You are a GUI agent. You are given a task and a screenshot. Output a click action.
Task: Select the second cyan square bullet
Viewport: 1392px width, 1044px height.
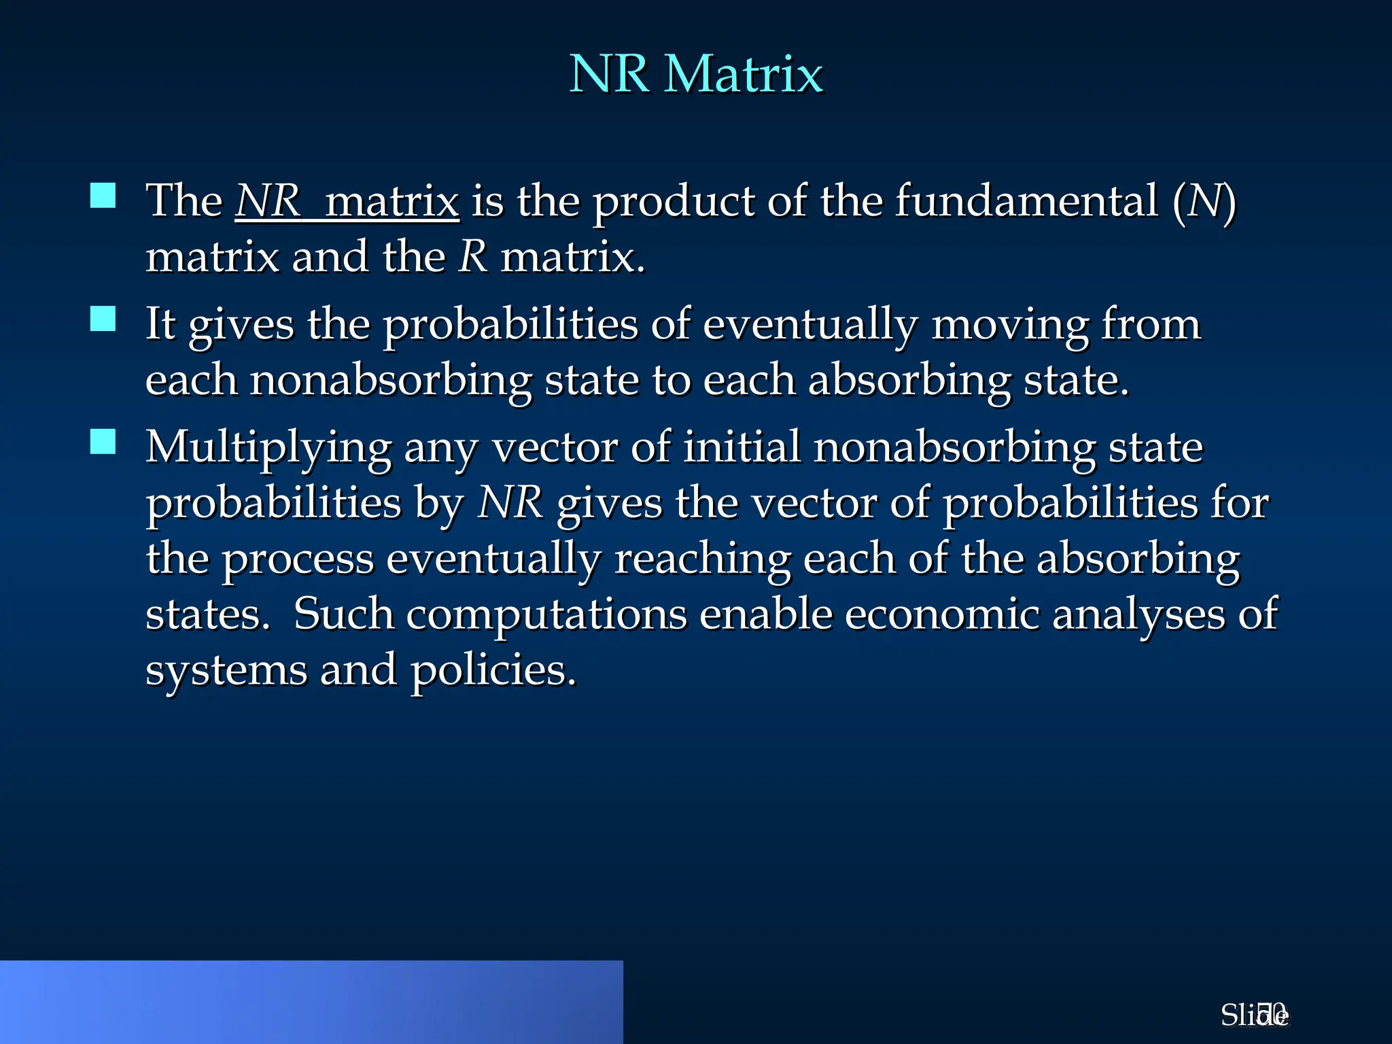[x=103, y=318]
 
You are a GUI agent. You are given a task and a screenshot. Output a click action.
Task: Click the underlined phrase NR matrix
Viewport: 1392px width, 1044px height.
[x=347, y=202]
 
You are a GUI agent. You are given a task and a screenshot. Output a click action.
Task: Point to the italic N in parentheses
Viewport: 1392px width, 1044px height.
[x=1204, y=202]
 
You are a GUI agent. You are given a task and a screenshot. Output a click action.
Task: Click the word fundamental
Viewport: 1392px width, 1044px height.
[x=1026, y=202]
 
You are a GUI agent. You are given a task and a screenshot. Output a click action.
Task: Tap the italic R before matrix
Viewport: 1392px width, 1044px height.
[x=473, y=258]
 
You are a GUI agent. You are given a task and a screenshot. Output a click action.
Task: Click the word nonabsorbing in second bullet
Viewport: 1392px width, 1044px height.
[x=390, y=381]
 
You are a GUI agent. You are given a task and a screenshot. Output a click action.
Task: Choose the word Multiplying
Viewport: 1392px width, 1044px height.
[x=268, y=449]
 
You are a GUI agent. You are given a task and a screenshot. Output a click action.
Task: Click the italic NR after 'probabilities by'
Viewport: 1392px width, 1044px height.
[x=510, y=504]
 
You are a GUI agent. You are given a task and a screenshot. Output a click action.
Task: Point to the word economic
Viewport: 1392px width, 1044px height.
[x=942, y=615]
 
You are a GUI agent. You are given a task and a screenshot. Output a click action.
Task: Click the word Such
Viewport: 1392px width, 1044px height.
[x=343, y=615]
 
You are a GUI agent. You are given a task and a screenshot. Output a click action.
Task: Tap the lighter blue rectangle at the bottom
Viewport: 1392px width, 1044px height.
[x=311, y=1002]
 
